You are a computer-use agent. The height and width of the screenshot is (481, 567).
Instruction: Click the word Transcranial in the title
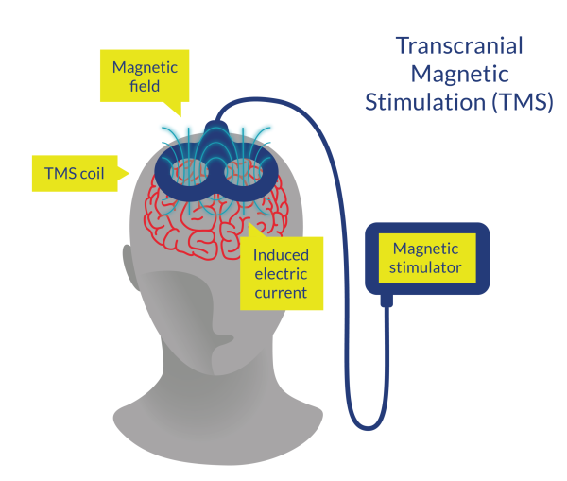tap(458, 45)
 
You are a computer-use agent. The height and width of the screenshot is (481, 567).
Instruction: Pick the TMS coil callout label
tap(74, 173)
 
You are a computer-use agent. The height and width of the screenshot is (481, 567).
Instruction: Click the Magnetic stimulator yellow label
tap(427, 259)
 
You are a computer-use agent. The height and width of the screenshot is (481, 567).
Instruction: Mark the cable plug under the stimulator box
tap(387, 301)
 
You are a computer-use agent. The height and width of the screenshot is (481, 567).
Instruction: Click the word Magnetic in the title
tap(458, 74)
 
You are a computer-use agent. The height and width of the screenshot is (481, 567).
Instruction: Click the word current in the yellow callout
tap(281, 293)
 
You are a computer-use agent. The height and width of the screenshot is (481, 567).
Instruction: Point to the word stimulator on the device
tap(427, 268)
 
